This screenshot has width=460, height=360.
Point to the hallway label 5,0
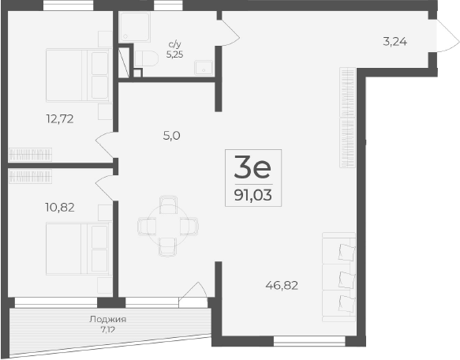pyautogui.click(x=172, y=135)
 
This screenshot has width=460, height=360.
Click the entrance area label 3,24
pyautogui.click(x=395, y=42)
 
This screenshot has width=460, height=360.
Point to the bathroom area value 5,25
pyautogui.click(x=173, y=55)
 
